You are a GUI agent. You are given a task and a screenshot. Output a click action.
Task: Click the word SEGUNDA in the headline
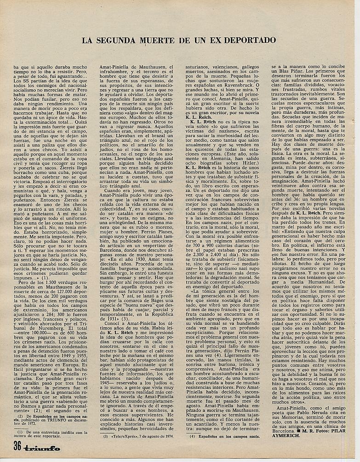(x=123, y=40)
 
